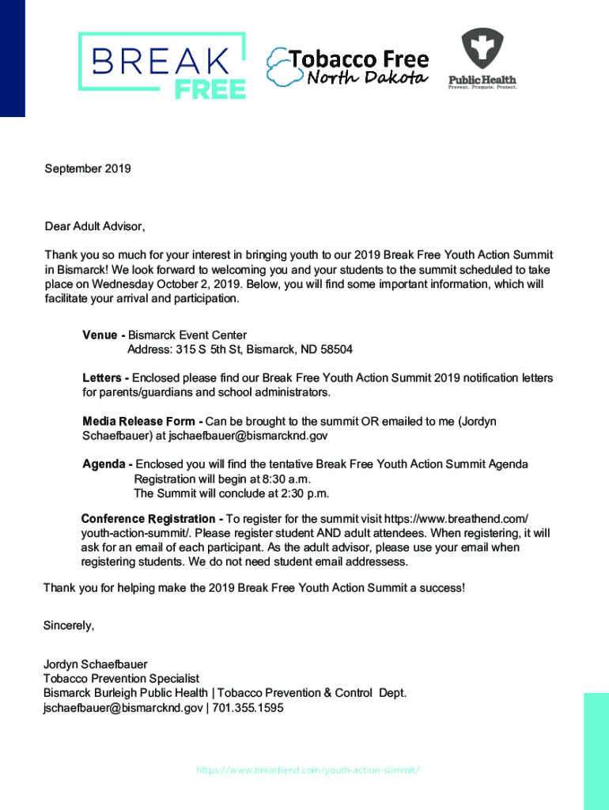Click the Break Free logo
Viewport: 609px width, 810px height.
tap(161, 65)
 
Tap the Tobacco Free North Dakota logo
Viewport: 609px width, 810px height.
tap(348, 66)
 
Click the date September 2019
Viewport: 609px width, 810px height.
tap(88, 168)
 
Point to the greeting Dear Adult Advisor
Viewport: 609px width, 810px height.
tap(95, 226)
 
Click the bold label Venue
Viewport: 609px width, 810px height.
tap(100, 335)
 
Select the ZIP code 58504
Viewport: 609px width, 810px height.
tap(335, 350)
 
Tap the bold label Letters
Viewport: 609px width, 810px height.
tap(102, 378)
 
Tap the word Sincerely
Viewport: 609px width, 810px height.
tap(69, 626)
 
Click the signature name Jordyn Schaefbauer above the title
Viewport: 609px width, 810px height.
tap(95, 664)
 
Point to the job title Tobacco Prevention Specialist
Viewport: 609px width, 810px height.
tap(121, 679)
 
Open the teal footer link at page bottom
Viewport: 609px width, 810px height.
tap(308, 770)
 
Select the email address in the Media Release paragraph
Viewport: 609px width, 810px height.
tap(248, 436)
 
